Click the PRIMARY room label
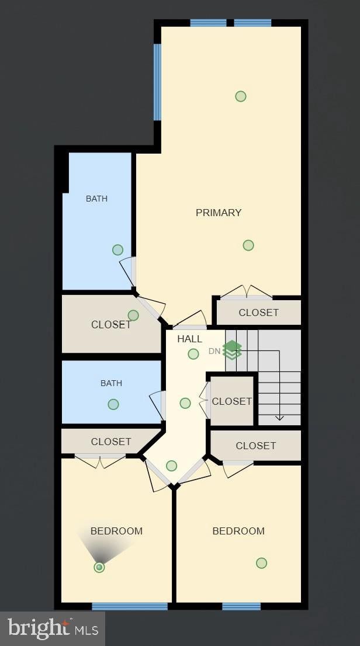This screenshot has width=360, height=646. [x=219, y=213]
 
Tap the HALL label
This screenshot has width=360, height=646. [x=190, y=339]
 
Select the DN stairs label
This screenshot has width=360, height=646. [x=214, y=352]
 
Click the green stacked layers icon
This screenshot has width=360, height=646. [x=232, y=350]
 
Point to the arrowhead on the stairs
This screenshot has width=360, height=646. [x=279, y=418]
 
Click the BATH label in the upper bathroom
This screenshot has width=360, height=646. [x=96, y=199]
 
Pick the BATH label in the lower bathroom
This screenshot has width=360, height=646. [x=112, y=383]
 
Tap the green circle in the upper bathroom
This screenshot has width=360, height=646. [x=117, y=249]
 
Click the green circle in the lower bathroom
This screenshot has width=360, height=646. [x=113, y=404]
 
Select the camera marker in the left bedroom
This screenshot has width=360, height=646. [x=99, y=567]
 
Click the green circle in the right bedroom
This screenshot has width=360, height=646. [x=261, y=563]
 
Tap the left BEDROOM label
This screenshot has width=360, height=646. [x=117, y=531]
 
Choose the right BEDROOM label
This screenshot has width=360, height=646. [x=238, y=531]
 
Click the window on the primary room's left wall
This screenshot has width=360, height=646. [x=157, y=82]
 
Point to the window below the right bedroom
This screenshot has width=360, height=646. [x=241, y=606]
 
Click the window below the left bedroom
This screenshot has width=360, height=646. [x=130, y=606]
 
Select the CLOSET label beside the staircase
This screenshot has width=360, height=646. [x=232, y=401]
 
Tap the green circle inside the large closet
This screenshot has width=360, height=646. [x=133, y=315]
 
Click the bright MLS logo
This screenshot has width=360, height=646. [x=53, y=628]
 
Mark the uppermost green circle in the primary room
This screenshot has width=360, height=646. [x=241, y=96]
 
